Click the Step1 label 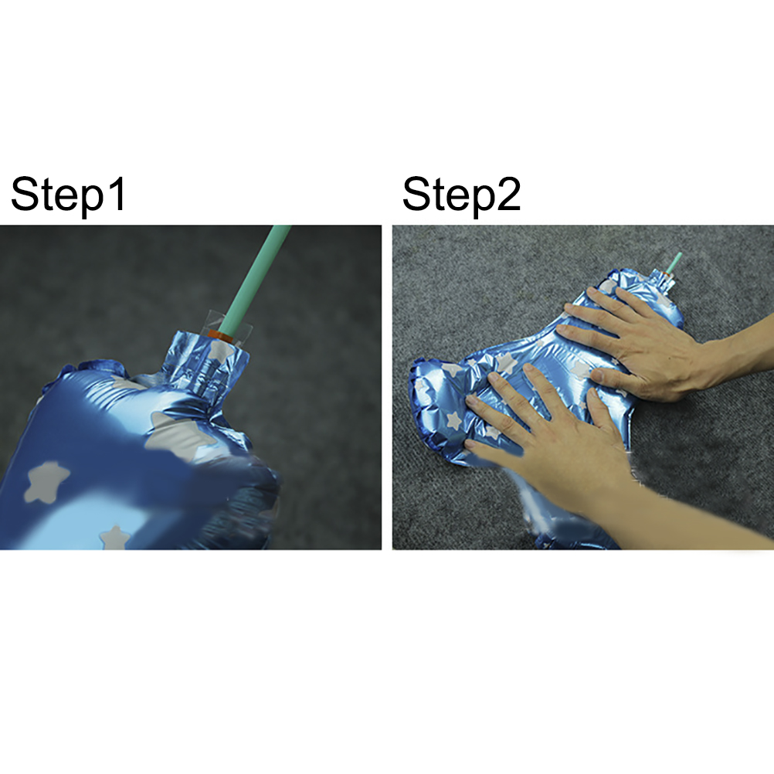[x=68, y=195]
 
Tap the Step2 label [x=461, y=195]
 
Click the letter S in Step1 [x=24, y=193]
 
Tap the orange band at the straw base [x=221, y=336]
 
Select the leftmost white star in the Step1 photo [x=46, y=481]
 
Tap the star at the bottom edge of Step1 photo [x=114, y=538]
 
